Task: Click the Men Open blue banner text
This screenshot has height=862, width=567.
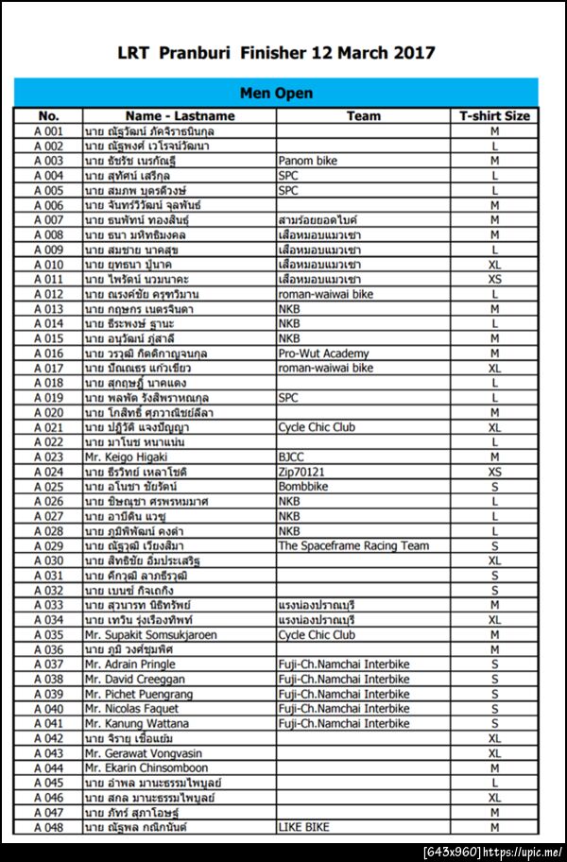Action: click(277, 94)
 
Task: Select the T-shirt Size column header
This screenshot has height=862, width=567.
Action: click(494, 116)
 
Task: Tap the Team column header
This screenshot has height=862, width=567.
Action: click(363, 116)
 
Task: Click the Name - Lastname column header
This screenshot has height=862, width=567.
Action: click(180, 116)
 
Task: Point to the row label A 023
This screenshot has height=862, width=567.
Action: click(48, 457)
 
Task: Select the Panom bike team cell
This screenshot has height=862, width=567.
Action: click(307, 161)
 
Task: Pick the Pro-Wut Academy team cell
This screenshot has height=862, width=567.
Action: click(324, 353)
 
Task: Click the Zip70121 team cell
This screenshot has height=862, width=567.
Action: click(301, 472)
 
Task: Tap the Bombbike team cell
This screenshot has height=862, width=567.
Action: click(303, 486)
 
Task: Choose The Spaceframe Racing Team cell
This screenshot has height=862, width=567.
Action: click(353, 545)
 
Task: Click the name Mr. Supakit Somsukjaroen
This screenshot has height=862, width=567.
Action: click(149, 634)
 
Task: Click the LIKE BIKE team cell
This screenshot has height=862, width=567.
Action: click(304, 827)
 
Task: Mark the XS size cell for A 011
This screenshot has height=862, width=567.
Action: click(494, 280)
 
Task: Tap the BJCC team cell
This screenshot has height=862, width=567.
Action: click(293, 457)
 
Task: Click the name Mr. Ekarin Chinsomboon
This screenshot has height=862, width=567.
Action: click(146, 767)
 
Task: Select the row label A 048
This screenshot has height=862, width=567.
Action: click(48, 827)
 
